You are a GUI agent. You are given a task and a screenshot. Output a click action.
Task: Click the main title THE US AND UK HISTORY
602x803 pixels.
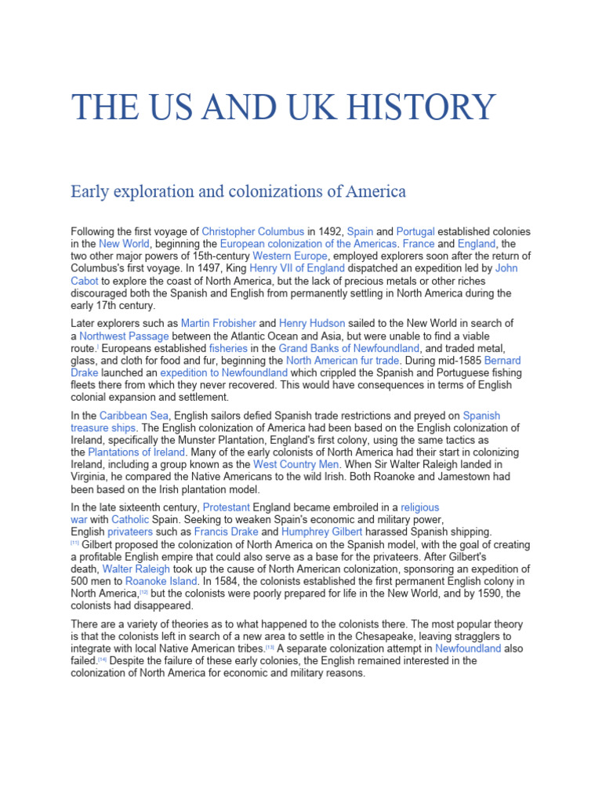283,107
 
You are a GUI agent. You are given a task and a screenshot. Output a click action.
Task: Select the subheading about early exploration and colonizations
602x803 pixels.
238,191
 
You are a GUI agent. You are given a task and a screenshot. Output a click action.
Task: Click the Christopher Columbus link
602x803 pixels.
252,232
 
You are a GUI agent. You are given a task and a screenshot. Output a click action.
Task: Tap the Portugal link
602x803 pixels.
415,232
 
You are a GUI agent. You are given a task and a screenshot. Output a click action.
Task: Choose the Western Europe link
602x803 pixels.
289,256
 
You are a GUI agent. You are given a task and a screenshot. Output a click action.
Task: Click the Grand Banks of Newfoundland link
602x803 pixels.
350,348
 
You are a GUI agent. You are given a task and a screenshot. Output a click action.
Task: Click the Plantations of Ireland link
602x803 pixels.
136,452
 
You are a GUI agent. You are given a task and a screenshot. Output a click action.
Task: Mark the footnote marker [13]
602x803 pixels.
270,648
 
